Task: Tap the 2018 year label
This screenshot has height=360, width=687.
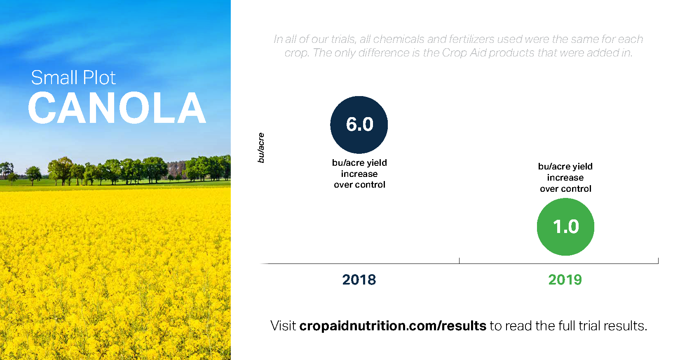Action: click(x=359, y=280)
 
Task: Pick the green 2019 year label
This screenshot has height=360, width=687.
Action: click(x=565, y=280)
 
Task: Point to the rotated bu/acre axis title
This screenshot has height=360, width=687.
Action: click(x=261, y=148)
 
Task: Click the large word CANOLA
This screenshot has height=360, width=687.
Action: click(x=117, y=108)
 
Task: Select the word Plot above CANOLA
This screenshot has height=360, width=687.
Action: click(x=99, y=78)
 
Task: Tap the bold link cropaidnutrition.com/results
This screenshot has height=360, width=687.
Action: click(x=393, y=326)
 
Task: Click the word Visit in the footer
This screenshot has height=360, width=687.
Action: click(x=283, y=326)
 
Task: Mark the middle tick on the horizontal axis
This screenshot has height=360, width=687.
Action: click(x=459, y=261)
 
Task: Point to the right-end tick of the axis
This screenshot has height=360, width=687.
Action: click(x=658, y=261)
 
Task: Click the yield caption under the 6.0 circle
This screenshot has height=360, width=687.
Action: click(x=359, y=174)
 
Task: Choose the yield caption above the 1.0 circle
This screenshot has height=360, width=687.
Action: click(x=565, y=177)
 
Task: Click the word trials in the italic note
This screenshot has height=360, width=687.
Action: click(x=343, y=39)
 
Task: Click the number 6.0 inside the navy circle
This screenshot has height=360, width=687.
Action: click(x=359, y=124)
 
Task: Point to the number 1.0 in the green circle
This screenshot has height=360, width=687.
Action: click(x=566, y=227)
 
